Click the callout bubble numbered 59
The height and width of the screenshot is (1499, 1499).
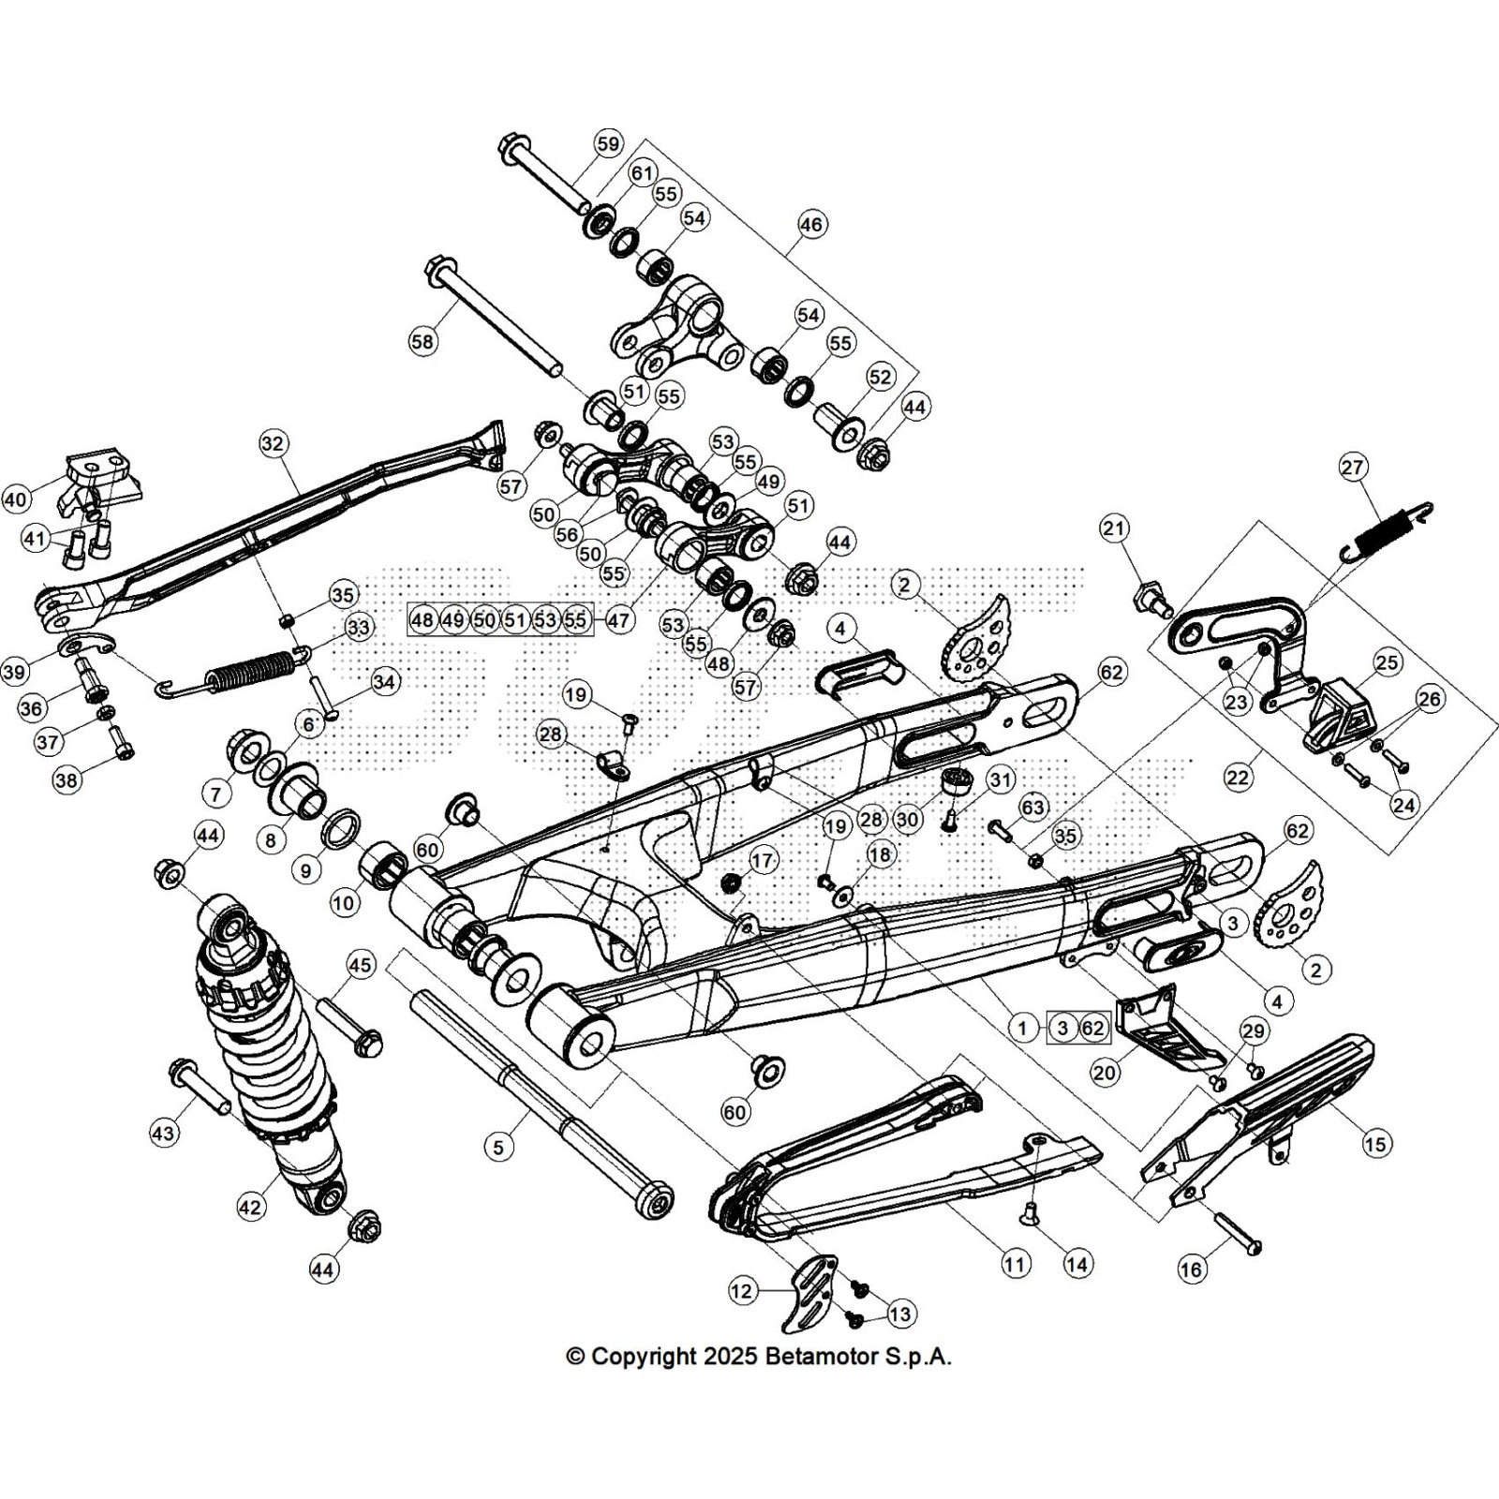608,144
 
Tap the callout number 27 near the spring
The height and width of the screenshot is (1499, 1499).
1354,467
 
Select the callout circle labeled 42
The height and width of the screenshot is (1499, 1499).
249,1207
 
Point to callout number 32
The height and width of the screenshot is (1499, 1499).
273,443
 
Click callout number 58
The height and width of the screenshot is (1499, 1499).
423,341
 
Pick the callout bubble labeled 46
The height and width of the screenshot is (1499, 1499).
810,225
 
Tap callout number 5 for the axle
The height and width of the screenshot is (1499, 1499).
498,1146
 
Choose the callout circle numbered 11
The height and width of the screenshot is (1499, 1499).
1016,1264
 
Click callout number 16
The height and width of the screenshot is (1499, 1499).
1191,1269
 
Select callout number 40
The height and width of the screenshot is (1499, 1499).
16,499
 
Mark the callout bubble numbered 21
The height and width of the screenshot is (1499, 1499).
1113,529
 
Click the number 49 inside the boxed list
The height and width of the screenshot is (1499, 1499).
453,619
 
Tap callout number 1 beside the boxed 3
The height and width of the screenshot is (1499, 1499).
1023,1028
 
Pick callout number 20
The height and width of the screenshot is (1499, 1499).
1106,1072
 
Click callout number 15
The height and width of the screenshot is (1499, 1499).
1375,1143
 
